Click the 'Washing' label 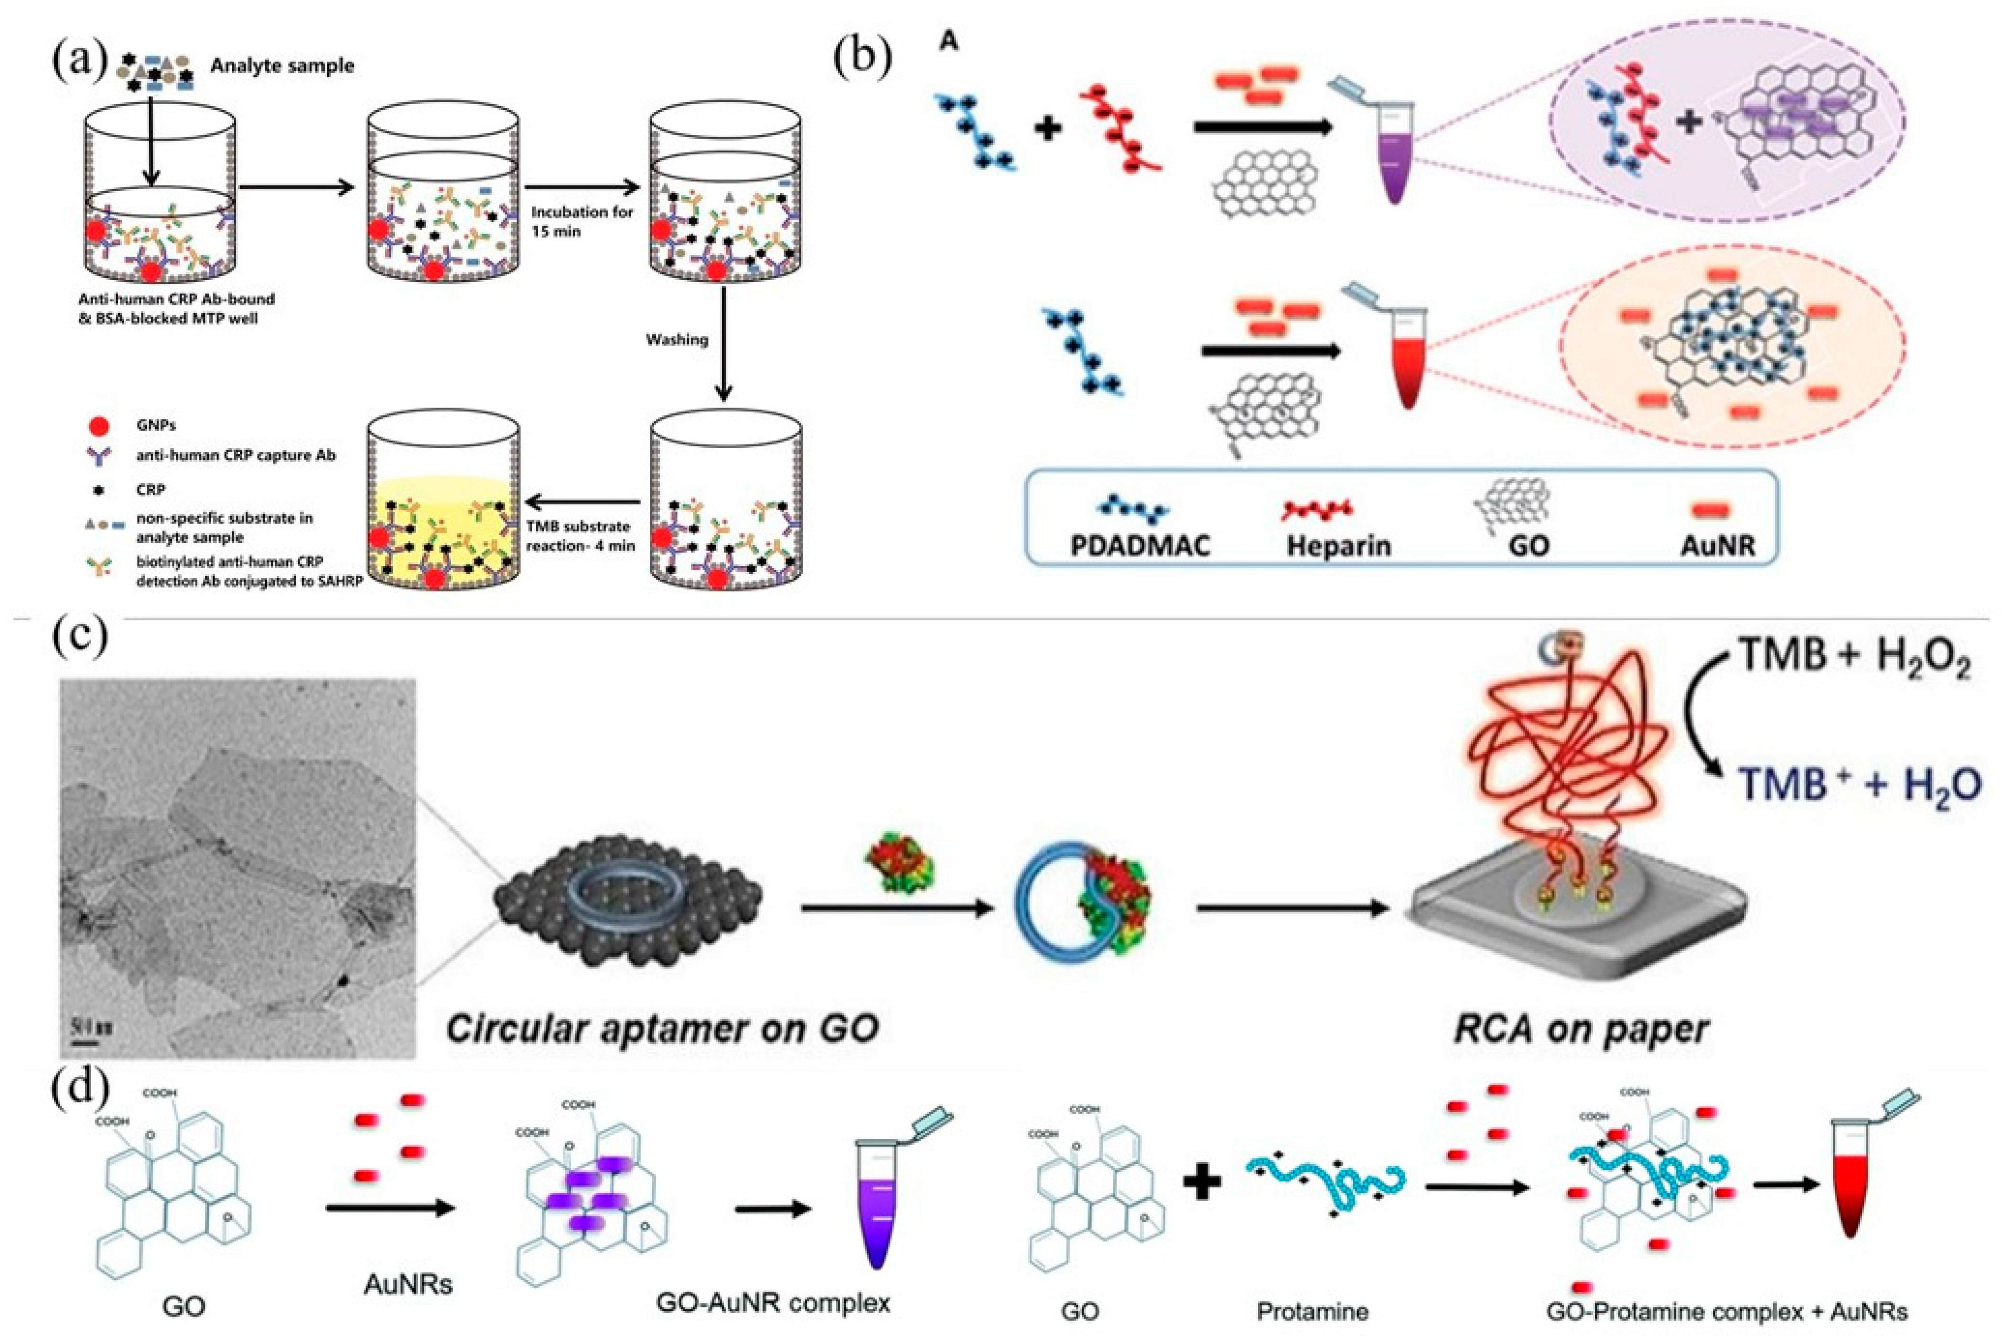click(677, 339)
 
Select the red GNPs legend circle click(99, 425)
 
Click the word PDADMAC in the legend click(1140, 545)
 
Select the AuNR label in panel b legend click(1717, 545)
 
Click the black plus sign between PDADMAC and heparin click(1048, 129)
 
